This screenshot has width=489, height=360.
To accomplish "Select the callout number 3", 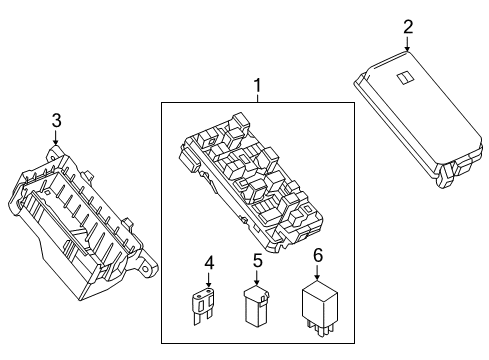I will (x=56, y=120).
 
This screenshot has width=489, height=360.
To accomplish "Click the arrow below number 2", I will (x=408, y=42).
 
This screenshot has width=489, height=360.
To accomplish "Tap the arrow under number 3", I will (x=56, y=138).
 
